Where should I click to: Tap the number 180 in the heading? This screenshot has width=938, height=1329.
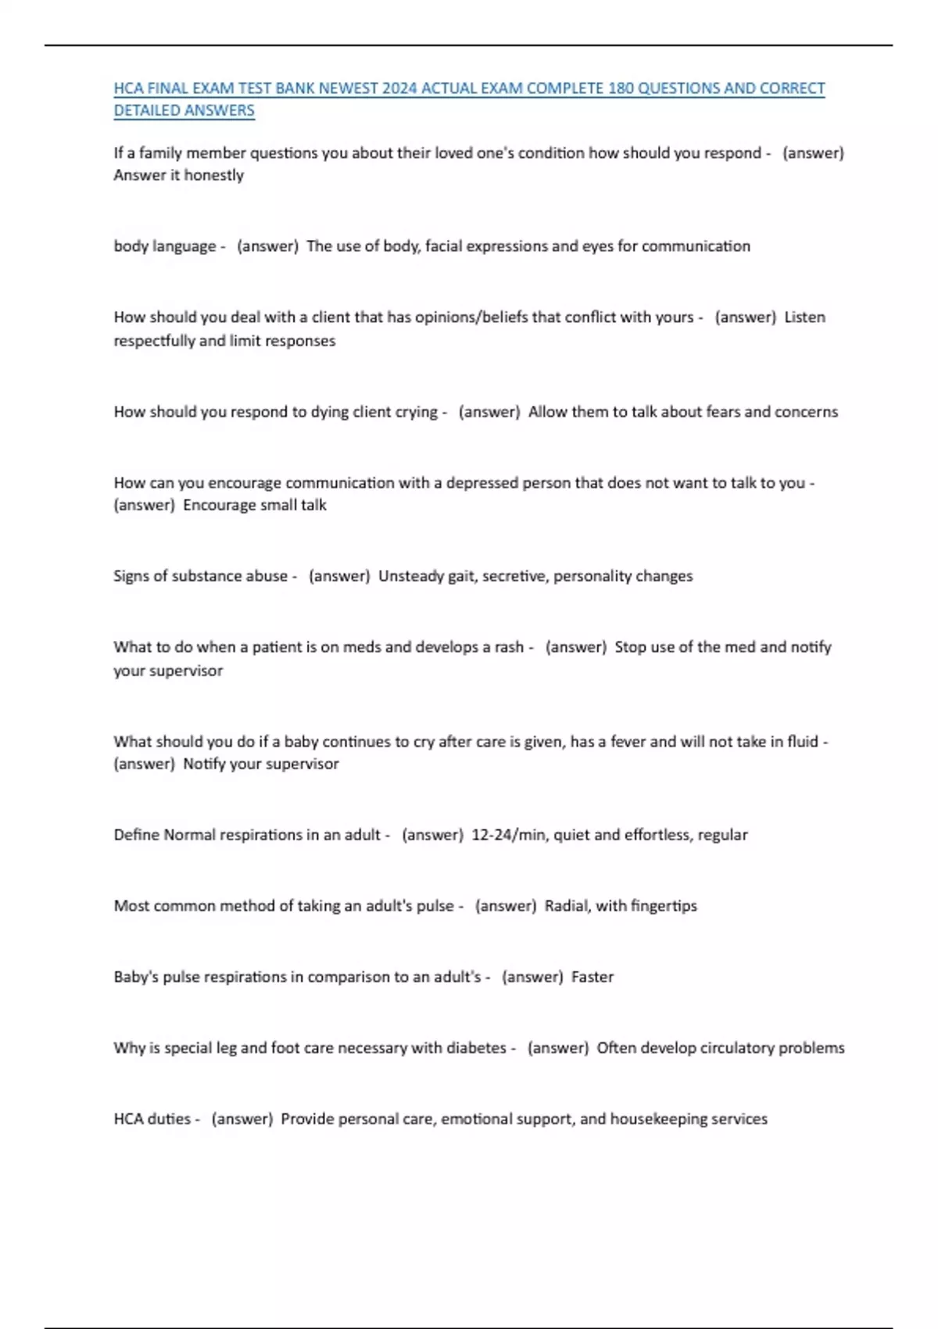621,88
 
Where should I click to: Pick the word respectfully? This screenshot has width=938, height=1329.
154,341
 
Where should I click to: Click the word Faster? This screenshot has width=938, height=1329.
593,977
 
